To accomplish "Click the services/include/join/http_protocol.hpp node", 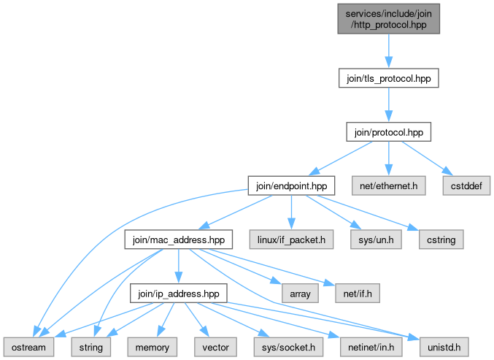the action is pos(388,19).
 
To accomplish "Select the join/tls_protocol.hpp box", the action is pos(388,78).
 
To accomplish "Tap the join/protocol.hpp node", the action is pos(388,131).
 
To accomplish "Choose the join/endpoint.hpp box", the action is pos(291,185).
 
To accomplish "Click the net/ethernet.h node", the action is pos(388,185).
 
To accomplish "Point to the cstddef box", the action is pos(466,185).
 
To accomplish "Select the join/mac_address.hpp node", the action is pos(178,240).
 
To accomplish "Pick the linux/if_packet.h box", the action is pos(291,240).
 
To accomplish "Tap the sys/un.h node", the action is pos(376,240).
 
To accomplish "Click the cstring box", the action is pos(441,240).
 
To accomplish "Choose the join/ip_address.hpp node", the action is pos(178,294).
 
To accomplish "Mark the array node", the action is pos(300,294).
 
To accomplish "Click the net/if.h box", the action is pos(358,294).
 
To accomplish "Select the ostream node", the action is pos(28,347).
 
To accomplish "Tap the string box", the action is pos(90,347).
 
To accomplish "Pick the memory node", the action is pos(153,347).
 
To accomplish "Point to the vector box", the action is pos(215,347).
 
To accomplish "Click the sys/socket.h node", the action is pos(288,347).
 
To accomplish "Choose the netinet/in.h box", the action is pos(371,347).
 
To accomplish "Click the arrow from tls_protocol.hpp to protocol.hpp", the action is pos(388,105).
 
